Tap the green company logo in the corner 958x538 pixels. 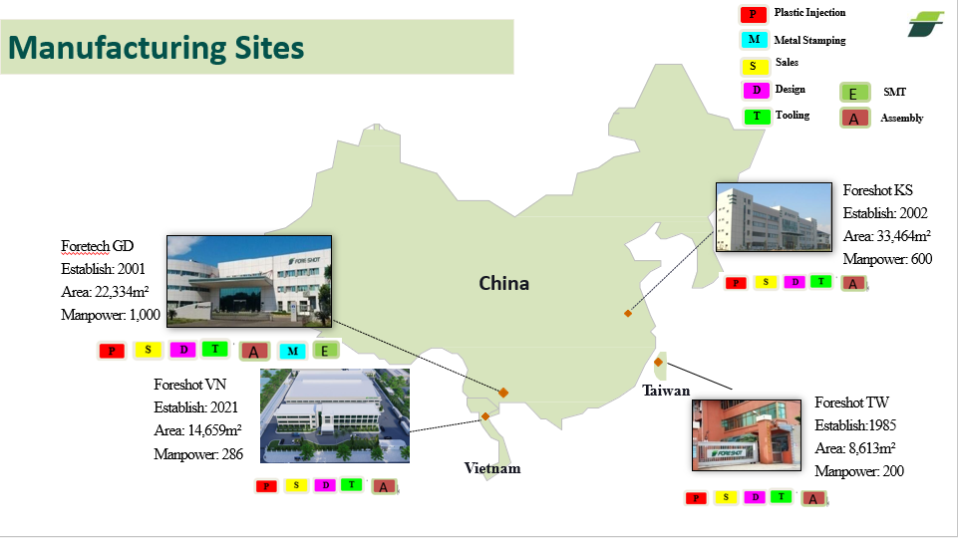click(925, 24)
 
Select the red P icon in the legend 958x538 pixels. click(753, 15)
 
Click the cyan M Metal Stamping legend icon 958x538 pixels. click(754, 41)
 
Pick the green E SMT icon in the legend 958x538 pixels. click(854, 94)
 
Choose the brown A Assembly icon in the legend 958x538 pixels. click(853, 119)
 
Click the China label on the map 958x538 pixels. click(503, 284)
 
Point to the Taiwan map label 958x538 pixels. click(666, 391)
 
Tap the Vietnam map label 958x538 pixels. click(491, 468)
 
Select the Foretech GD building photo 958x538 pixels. click(248, 281)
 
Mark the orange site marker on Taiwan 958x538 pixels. click(659, 362)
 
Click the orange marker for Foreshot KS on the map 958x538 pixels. click(627, 314)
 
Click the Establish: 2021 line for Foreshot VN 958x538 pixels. click(197, 407)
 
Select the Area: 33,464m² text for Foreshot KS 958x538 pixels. click(886, 237)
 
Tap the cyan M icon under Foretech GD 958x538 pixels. click(293, 351)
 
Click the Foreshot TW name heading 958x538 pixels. click(851, 403)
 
